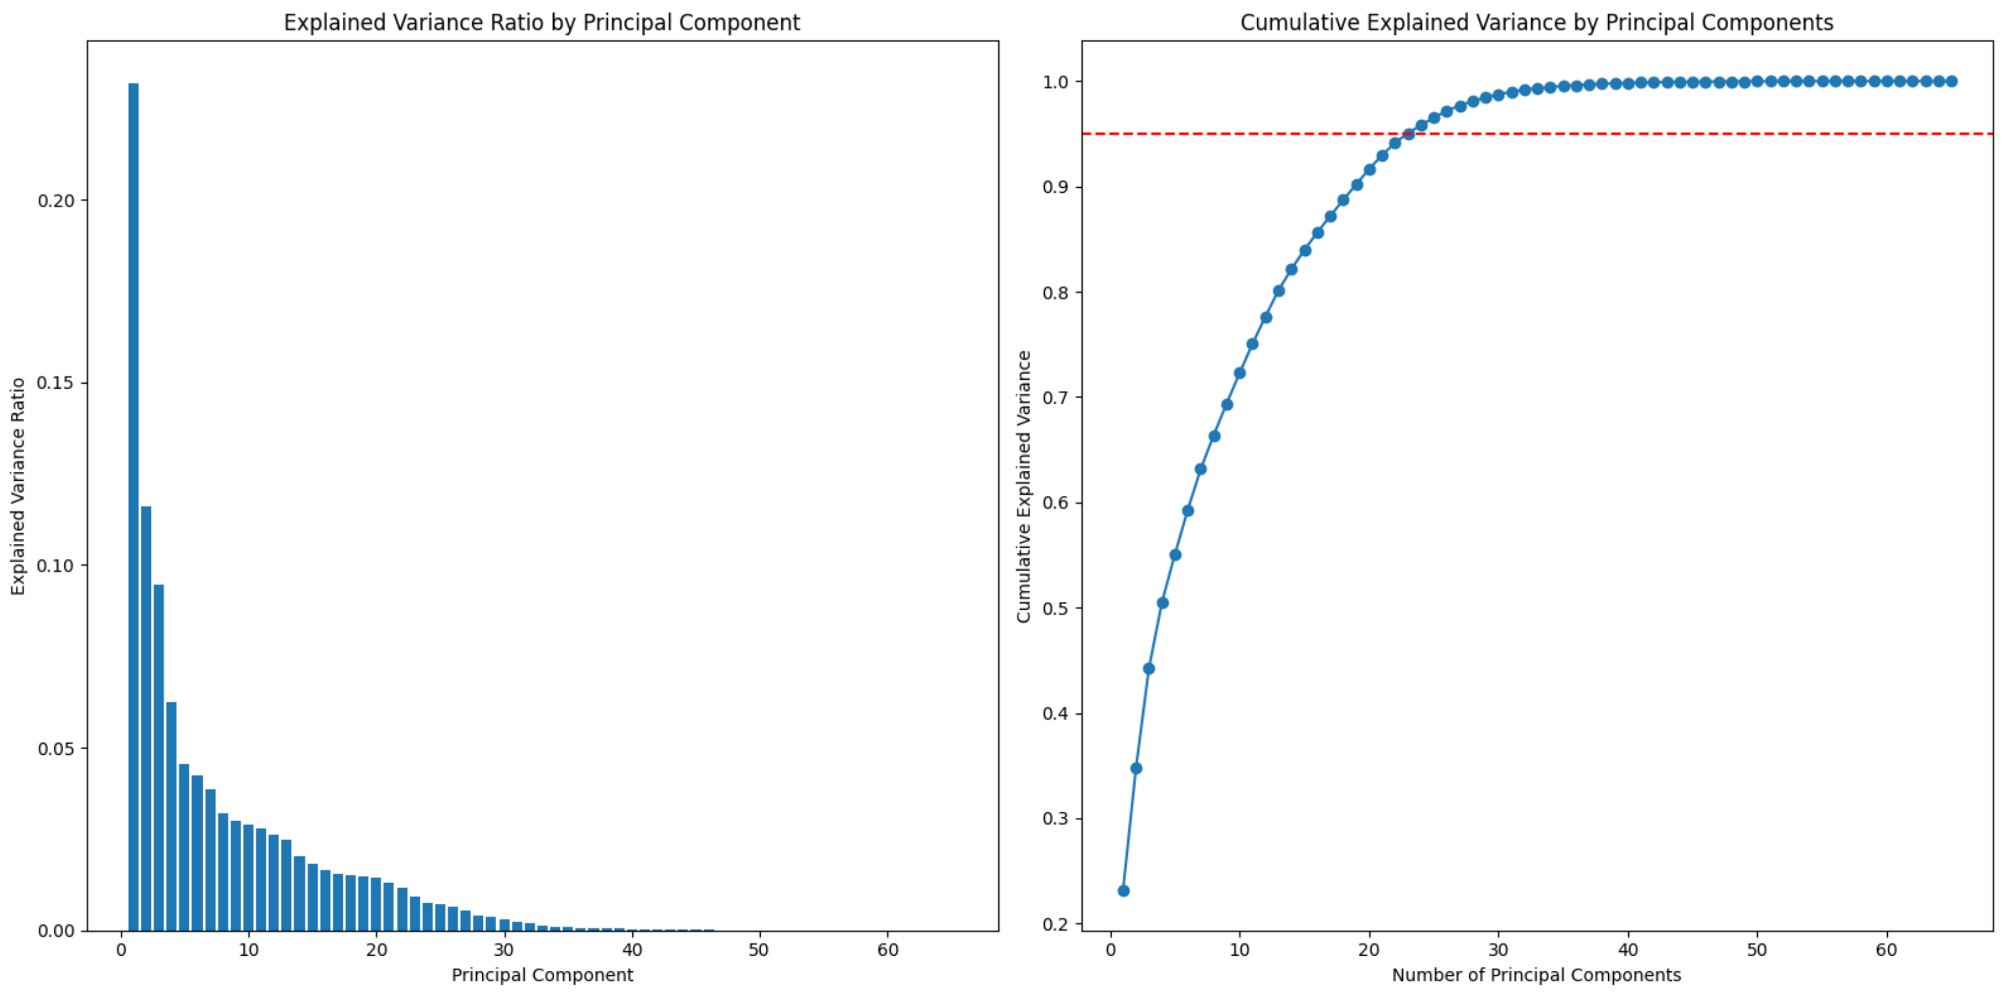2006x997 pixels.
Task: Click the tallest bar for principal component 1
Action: click(x=133, y=506)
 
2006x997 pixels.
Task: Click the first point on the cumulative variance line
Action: click(x=1123, y=890)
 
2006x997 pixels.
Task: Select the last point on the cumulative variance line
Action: click(x=1951, y=81)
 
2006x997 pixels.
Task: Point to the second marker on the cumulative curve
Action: click(x=1136, y=768)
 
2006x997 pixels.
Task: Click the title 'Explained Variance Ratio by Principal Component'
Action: click(x=541, y=23)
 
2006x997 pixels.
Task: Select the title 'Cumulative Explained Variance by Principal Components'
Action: click(x=1536, y=23)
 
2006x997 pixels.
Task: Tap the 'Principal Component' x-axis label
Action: click(x=542, y=975)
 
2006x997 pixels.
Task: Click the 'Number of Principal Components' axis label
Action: click(x=1536, y=975)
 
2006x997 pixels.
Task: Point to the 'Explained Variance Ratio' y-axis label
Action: click(x=18, y=486)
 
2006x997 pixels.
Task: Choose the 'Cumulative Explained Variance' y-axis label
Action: click(x=1023, y=486)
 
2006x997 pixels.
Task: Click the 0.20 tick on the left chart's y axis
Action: click(x=56, y=201)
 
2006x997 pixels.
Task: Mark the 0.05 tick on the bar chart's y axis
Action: click(x=56, y=749)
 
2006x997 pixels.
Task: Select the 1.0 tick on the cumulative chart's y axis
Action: click(x=1056, y=82)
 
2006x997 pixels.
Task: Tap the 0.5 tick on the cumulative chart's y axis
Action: click(x=1056, y=608)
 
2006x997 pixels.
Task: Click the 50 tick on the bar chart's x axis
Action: click(x=759, y=950)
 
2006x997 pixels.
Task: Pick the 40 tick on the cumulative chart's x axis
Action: click(x=1628, y=950)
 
